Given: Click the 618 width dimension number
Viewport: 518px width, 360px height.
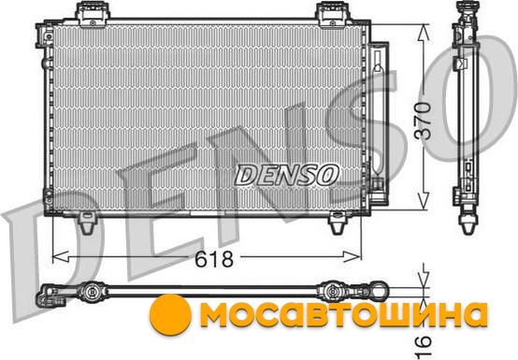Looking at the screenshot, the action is (x=214, y=259).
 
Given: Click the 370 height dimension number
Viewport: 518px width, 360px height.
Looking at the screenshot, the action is (x=424, y=121).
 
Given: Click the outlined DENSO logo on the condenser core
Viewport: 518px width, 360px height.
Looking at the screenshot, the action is (x=287, y=175).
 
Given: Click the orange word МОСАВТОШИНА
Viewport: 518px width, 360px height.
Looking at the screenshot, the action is (x=343, y=315).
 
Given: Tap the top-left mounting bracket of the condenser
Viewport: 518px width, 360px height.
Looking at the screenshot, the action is (x=93, y=14).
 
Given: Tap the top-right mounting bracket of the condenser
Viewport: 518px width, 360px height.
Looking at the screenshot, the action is (x=333, y=14).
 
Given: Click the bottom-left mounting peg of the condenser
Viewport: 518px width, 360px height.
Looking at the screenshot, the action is (x=87, y=223).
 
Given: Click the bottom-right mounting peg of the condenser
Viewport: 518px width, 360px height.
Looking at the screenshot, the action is (x=338, y=223).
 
